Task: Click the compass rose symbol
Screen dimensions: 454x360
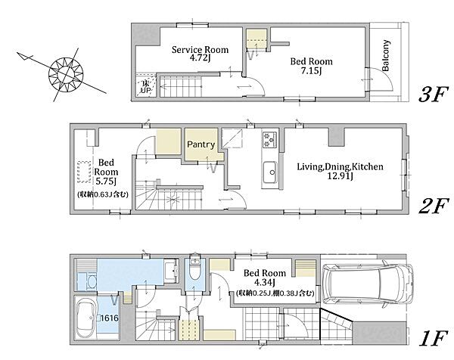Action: pyautogui.click(x=66, y=74)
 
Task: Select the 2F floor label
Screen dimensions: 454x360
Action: pyautogui.click(x=434, y=206)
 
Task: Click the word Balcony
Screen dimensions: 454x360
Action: pyautogui.click(x=386, y=55)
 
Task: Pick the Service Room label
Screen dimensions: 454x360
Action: pyautogui.click(x=200, y=49)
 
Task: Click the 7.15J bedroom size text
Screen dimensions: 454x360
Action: pyautogui.click(x=311, y=71)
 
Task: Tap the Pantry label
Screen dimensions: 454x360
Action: pyautogui.click(x=201, y=144)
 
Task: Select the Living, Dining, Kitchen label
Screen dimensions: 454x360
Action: pyautogui.click(x=340, y=166)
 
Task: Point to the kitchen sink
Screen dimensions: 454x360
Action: pyautogui.click(x=270, y=172)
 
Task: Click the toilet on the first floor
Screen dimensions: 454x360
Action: pyautogui.click(x=194, y=268)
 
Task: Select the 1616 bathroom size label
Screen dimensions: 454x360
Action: pyautogui.click(x=110, y=318)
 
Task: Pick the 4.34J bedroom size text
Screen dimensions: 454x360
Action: pyautogui.click(x=264, y=281)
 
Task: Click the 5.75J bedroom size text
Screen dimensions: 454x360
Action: pyautogui.click(x=106, y=182)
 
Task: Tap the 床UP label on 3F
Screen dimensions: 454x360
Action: pyautogui.click(x=145, y=87)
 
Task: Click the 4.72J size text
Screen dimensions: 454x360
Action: pyautogui.click(x=200, y=58)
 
